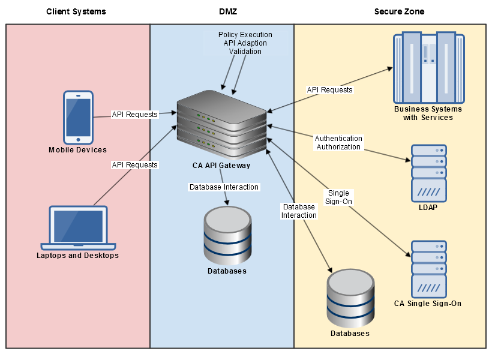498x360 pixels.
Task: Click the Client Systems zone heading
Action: (76, 11)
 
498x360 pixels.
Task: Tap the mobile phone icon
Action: (78, 118)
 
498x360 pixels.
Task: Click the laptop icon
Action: (78, 228)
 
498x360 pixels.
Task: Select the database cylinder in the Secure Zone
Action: (350, 298)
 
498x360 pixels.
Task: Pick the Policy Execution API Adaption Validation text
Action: (245, 43)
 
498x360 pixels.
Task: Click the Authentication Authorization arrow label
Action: (338, 143)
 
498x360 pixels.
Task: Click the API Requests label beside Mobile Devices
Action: (134, 114)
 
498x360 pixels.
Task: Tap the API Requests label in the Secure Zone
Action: (330, 90)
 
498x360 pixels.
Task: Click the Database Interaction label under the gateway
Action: (224, 187)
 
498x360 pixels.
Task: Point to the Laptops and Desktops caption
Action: (78, 256)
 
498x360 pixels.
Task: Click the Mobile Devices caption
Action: (78, 150)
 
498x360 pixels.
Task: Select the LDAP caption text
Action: (428, 208)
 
